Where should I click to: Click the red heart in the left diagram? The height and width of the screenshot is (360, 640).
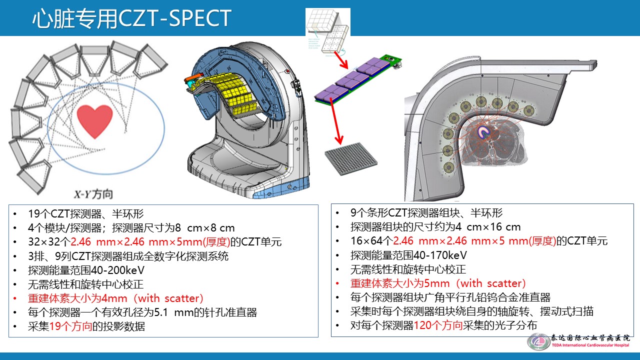click(x=95, y=120)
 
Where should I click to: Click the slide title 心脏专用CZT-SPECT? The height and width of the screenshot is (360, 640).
click(x=131, y=18)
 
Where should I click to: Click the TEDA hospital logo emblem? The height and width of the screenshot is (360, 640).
click(x=538, y=341)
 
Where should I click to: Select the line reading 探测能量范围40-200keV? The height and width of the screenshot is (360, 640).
click(x=86, y=270)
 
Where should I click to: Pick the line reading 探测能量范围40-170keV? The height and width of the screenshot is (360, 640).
click(x=408, y=255)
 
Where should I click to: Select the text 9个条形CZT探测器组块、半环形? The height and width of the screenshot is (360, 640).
click(x=426, y=212)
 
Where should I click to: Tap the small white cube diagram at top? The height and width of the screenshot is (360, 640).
click(x=327, y=29)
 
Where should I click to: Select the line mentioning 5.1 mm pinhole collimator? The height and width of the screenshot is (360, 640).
click(x=142, y=312)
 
